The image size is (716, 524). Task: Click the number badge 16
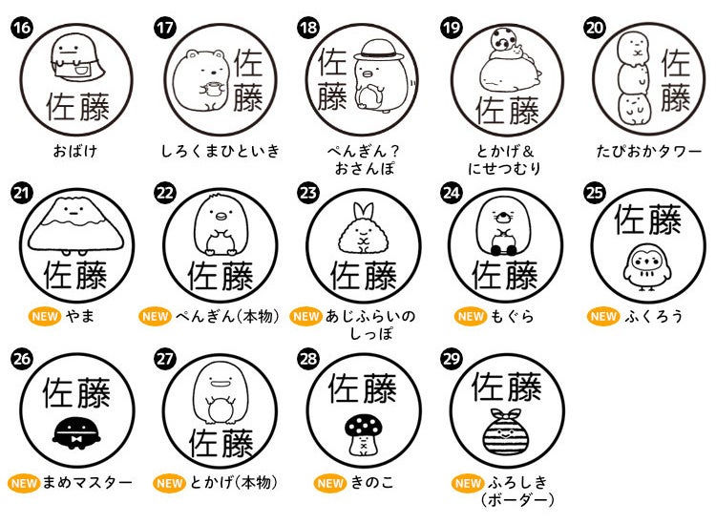(x=21, y=27)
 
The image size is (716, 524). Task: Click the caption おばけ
(x=75, y=151)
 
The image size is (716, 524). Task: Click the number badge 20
(x=595, y=27)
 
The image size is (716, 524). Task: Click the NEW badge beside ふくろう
(x=602, y=316)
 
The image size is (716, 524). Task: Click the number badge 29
(x=452, y=358)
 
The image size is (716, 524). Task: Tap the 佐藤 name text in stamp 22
(x=221, y=276)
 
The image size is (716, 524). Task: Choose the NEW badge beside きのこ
(x=330, y=483)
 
